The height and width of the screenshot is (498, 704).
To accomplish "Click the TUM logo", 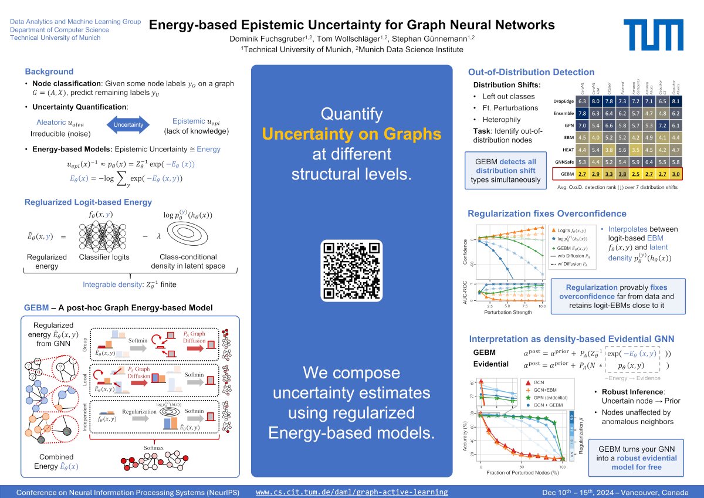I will point(652,32).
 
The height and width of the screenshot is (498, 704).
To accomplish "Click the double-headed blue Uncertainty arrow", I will point(128,124).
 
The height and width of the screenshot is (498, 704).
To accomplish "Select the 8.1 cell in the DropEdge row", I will point(675,101).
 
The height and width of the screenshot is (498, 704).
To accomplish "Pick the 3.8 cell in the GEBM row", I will point(622,175).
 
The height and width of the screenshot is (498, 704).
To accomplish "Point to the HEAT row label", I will point(566,150).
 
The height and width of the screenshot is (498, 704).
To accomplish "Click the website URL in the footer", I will point(352,492).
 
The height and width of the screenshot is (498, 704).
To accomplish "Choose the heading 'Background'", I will point(49,72).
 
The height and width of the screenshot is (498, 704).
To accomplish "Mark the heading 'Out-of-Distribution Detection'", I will point(531,72).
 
